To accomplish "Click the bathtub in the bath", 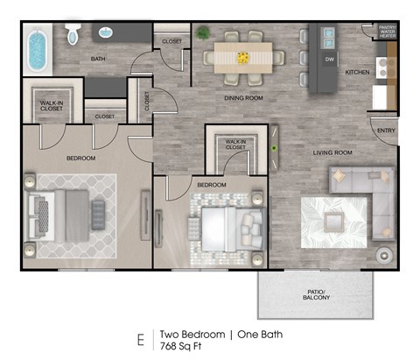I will coord(38,52).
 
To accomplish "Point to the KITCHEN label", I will coord(357,72).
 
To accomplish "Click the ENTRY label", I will coord(386,131).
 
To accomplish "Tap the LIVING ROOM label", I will coord(332,152).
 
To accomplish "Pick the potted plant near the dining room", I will coord(203,33).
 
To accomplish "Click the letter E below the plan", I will coord(139,338).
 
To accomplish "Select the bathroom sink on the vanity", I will coord(105,33).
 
